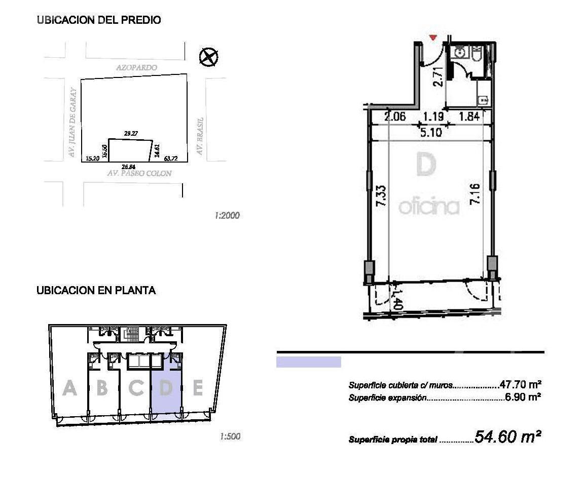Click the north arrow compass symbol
tap(208, 56)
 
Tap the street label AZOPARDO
tap(136, 67)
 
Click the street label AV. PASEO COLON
tap(139, 173)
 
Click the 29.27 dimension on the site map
tap(131, 134)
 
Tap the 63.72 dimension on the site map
tap(171, 158)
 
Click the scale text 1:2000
tap(227, 216)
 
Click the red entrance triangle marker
tap(433, 37)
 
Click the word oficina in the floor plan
tap(429, 207)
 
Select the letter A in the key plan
tap(69, 389)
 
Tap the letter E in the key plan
tap(198, 389)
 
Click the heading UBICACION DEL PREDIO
tap(99, 20)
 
